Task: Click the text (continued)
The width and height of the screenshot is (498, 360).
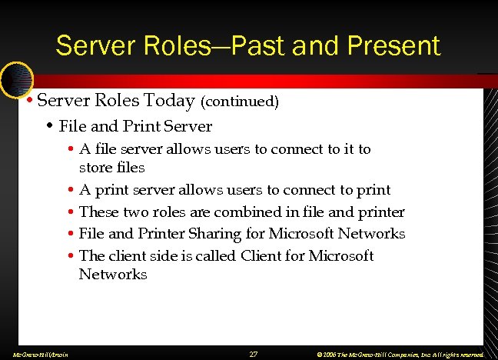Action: coord(240,101)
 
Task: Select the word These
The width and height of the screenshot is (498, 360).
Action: coord(99,212)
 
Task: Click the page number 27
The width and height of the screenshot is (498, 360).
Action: coord(254,354)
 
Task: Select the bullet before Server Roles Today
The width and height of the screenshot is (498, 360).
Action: coord(28,101)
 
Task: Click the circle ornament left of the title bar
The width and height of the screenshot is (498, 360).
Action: coord(15,78)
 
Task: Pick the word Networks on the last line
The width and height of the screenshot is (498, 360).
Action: coord(113,274)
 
